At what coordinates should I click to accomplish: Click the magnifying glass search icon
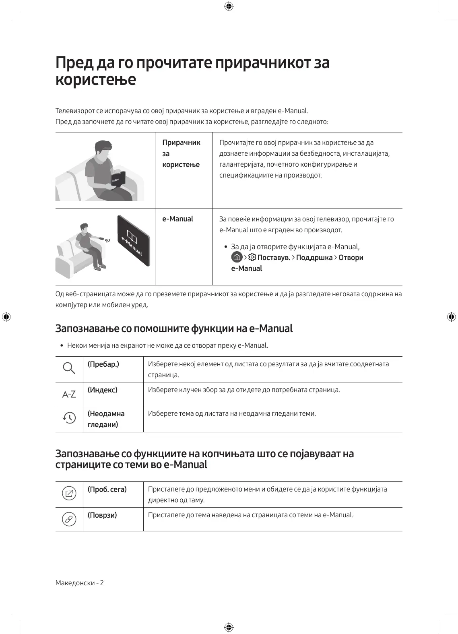point(69,368)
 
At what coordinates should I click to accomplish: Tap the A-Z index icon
point(69,394)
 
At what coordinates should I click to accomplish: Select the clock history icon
point(69,418)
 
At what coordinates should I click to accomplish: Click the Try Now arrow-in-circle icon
point(69,494)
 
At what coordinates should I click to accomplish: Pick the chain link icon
point(69,519)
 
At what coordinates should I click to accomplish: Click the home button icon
point(237,257)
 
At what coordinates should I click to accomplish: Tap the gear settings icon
point(252,257)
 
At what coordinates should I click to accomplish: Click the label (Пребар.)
point(103,364)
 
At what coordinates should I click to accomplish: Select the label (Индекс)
point(103,390)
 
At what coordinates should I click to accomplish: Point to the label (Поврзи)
point(102,515)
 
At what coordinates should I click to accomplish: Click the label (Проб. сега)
point(107,489)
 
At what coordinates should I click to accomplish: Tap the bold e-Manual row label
point(177,219)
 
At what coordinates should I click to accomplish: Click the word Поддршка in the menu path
point(314,258)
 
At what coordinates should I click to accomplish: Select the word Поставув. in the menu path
point(274,258)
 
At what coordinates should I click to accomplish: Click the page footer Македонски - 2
point(80,583)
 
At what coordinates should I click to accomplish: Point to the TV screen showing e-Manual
point(133,241)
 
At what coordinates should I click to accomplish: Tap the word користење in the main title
point(96,79)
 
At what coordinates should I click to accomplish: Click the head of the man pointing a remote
point(84,229)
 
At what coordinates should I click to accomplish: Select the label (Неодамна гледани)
point(106,419)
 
